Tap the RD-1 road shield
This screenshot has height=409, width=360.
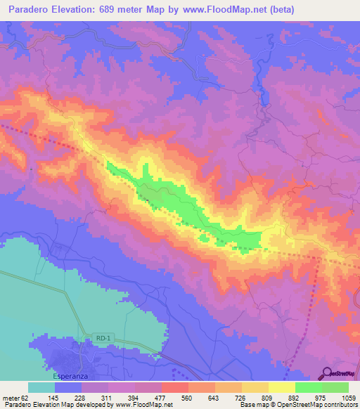pos(103,339)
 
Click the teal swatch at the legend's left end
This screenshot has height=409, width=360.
pos(41,387)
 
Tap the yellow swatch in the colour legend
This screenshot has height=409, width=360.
pos(282,387)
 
